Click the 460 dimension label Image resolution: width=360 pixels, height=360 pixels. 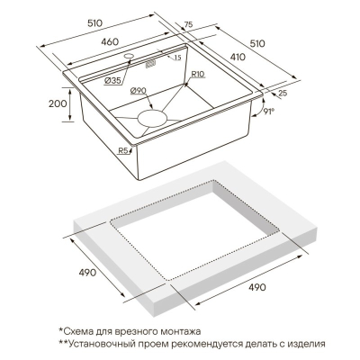point(110,42)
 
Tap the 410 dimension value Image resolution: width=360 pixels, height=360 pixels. point(238,57)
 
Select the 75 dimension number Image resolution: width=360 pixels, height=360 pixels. point(188,25)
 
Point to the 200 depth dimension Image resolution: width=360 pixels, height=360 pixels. point(58,103)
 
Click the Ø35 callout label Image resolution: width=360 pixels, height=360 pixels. point(112,80)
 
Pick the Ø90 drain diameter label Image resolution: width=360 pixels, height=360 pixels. point(138,90)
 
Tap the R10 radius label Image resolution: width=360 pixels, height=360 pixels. point(198,74)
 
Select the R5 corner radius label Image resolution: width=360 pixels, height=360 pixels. point(122,150)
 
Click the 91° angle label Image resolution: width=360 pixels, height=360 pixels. point(269,112)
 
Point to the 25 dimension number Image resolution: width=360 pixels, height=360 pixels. point(283,93)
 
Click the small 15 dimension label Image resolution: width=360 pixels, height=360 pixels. point(177,58)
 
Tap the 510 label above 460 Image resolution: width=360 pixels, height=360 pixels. point(94,23)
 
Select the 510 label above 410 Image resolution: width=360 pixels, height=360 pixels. point(257,43)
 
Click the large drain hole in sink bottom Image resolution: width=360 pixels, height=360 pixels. point(152,119)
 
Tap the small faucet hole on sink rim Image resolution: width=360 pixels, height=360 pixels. point(129,56)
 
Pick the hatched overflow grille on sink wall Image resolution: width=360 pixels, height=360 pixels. point(150,64)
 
